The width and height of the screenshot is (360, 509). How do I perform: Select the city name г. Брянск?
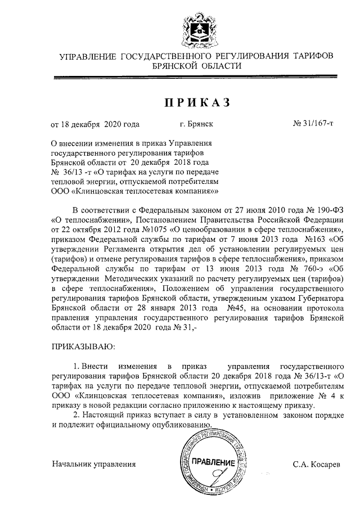click(196, 122)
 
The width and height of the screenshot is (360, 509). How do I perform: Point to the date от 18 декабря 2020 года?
click(95, 122)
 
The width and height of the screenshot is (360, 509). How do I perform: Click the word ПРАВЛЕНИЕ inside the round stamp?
click(213, 462)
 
